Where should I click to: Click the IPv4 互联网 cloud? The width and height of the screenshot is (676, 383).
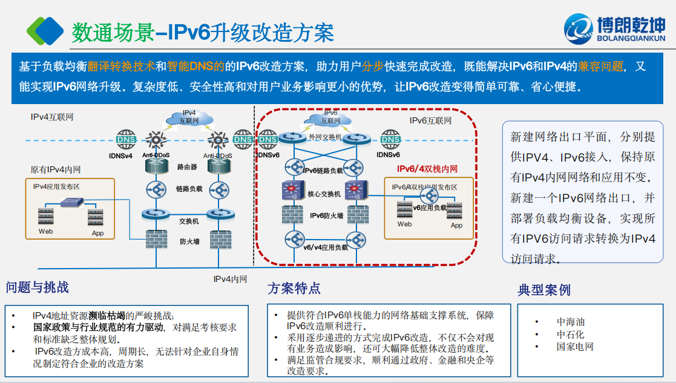click(x=189, y=117)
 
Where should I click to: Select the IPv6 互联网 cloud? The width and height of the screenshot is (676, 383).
click(x=330, y=117)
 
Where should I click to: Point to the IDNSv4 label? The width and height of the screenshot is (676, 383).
click(x=120, y=155)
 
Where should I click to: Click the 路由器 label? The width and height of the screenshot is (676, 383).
click(x=187, y=166)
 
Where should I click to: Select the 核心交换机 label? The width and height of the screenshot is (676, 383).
click(x=324, y=194)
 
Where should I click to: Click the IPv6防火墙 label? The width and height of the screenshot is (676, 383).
click(x=327, y=215)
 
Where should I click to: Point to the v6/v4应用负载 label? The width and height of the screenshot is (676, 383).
click(x=326, y=247)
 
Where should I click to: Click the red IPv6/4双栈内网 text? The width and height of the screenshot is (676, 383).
click(x=427, y=169)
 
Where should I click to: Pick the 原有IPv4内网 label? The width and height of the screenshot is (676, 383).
click(x=56, y=169)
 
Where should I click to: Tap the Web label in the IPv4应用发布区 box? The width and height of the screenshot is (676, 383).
click(x=46, y=231)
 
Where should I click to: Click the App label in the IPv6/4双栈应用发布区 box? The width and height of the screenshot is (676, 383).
click(x=456, y=225)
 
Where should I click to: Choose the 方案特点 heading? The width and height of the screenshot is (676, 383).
click(x=294, y=289)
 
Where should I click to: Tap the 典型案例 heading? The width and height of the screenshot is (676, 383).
click(x=544, y=290)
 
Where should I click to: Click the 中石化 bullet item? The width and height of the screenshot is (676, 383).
click(x=570, y=334)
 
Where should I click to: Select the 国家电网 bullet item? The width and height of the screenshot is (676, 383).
click(x=575, y=347)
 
